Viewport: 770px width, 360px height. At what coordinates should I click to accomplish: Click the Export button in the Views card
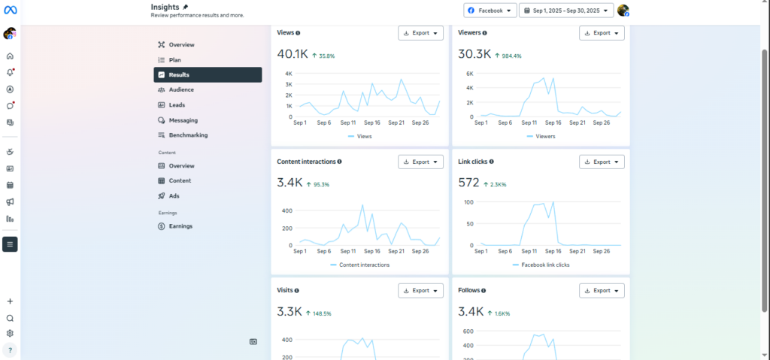coord(421,33)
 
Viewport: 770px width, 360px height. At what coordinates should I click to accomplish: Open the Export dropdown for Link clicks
coord(602,162)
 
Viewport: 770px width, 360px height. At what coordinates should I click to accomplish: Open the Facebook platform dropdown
coord(490,11)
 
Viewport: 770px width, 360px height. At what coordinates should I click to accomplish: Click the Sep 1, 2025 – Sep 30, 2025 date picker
coord(566,11)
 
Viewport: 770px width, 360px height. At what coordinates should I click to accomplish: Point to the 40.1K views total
coord(293,54)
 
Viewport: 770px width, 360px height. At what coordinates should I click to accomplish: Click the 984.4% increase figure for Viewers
coord(508,56)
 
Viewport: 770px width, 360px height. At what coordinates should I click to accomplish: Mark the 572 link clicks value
coord(468,183)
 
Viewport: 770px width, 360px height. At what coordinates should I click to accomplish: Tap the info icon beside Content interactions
coord(340,162)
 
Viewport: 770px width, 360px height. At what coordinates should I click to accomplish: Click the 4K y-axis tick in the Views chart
coord(289,74)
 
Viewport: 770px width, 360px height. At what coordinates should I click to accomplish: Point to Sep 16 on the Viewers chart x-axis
coord(553,123)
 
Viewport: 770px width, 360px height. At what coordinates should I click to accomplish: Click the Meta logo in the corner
coord(10,10)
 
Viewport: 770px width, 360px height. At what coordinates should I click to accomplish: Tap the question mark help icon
coord(10,350)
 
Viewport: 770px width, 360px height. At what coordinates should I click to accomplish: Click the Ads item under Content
coord(174,196)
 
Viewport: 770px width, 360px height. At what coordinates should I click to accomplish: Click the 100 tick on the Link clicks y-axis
coord(468,202)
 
